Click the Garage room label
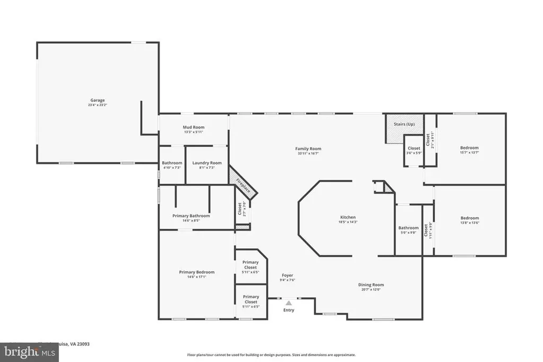tap(97, 100)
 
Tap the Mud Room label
tap(194, 127)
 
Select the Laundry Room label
tap(207, 163)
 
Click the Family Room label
tap(308, 149)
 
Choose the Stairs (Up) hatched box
tap(404, 128)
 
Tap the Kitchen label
tap(348, 217)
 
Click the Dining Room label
tap(371, 285)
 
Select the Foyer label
tap(287, 275)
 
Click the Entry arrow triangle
tap(288, 303)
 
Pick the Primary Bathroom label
tap(191, 216)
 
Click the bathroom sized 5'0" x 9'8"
tap(408, 228)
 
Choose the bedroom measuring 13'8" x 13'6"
tap(469, 218)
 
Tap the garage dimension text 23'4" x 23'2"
tap(97, 105)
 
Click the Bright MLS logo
tap(29, 351)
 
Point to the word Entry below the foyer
tap(288, 310)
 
